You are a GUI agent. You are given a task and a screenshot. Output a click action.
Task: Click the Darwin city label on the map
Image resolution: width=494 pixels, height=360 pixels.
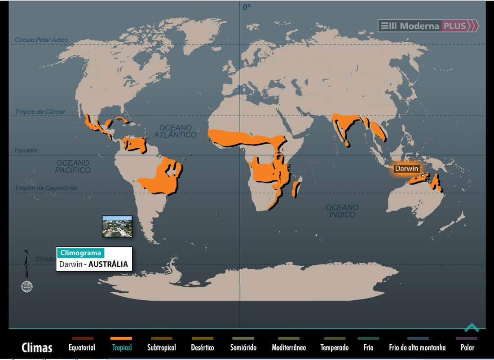click(x=406, y=169)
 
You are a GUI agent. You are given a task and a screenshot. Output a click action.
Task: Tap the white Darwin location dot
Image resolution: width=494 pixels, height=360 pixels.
click(x=423, y=176)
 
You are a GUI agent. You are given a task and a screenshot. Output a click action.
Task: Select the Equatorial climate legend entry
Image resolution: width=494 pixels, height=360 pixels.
click(x=82, y=347)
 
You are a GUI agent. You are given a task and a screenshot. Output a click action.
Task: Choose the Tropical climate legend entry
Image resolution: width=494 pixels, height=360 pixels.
click(x=122, y=347)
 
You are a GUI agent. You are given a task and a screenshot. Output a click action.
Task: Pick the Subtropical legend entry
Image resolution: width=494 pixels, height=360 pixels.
click(x=161, y=347)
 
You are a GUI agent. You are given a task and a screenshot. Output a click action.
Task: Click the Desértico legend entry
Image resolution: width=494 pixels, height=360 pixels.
click(x=202, y=347)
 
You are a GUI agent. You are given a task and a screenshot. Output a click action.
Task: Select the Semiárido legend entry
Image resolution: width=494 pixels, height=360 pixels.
click(x=243, y=347)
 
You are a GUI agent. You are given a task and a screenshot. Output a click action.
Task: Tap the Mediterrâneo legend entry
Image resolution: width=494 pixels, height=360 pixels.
click(x=288, y=347)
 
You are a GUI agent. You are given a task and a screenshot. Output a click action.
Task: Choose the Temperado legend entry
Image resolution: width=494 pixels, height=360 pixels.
click(x=334, y=347)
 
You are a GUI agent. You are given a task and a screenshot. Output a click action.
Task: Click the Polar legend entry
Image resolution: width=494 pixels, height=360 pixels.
click(x=467, y=347)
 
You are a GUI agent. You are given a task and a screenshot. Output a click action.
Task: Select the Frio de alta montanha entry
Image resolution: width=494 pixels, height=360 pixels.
click(x=417, y=347)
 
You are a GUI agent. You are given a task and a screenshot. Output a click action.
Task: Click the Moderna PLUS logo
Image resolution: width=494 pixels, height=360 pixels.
click(x=428, y=26)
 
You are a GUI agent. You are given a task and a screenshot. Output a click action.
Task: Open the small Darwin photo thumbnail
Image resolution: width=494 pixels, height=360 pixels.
click(x=117, y=226)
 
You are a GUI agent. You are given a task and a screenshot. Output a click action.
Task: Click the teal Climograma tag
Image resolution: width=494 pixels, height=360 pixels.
click(x=80, y=253)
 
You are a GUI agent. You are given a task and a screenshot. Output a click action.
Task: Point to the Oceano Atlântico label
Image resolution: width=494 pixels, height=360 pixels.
click(x=175, y=131)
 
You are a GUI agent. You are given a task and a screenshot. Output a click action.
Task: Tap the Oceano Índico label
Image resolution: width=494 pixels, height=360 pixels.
click(x=342, y=211)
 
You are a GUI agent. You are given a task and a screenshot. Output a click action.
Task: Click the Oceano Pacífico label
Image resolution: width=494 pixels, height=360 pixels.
click(x=73, y=167)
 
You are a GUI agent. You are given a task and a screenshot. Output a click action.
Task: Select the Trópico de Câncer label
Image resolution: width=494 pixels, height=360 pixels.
click(x=40, y=112)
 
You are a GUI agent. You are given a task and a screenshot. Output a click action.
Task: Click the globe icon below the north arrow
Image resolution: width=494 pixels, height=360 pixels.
click(x=27, y=286)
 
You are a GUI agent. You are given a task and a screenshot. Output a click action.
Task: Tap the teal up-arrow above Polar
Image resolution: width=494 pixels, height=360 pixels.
click(x=472, y=328)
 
